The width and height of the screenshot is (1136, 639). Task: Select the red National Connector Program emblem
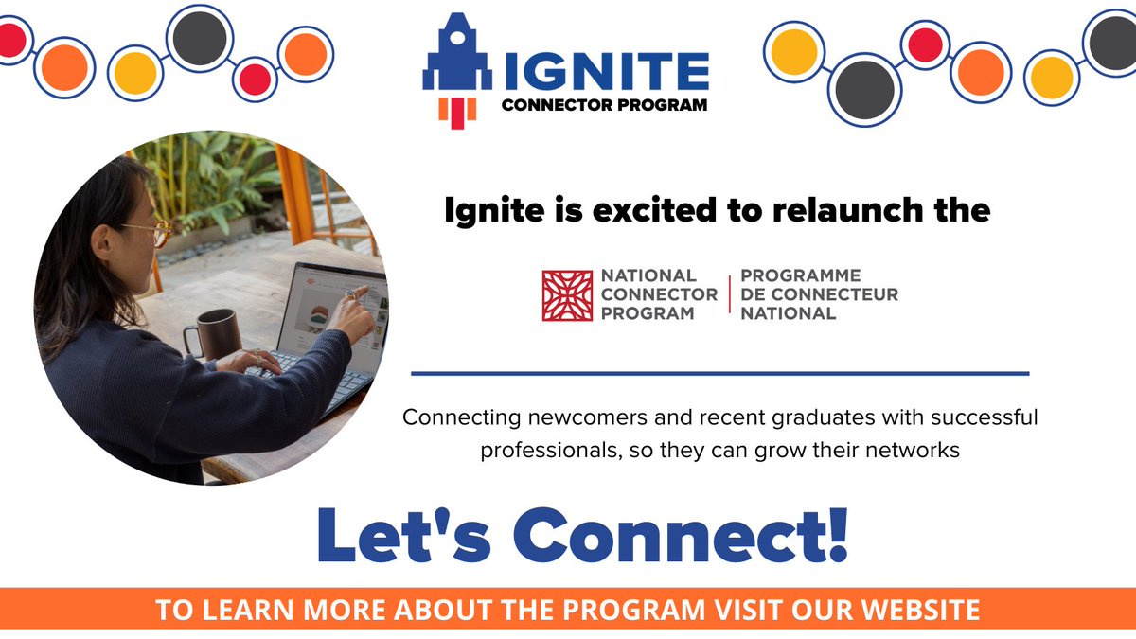click(566, 295)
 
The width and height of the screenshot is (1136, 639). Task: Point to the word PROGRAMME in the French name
click(800, 275)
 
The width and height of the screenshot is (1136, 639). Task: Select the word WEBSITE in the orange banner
click(915, 611)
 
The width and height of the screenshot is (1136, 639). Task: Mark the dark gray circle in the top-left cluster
click(199, 39)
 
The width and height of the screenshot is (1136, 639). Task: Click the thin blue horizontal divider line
click(719, 374)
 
